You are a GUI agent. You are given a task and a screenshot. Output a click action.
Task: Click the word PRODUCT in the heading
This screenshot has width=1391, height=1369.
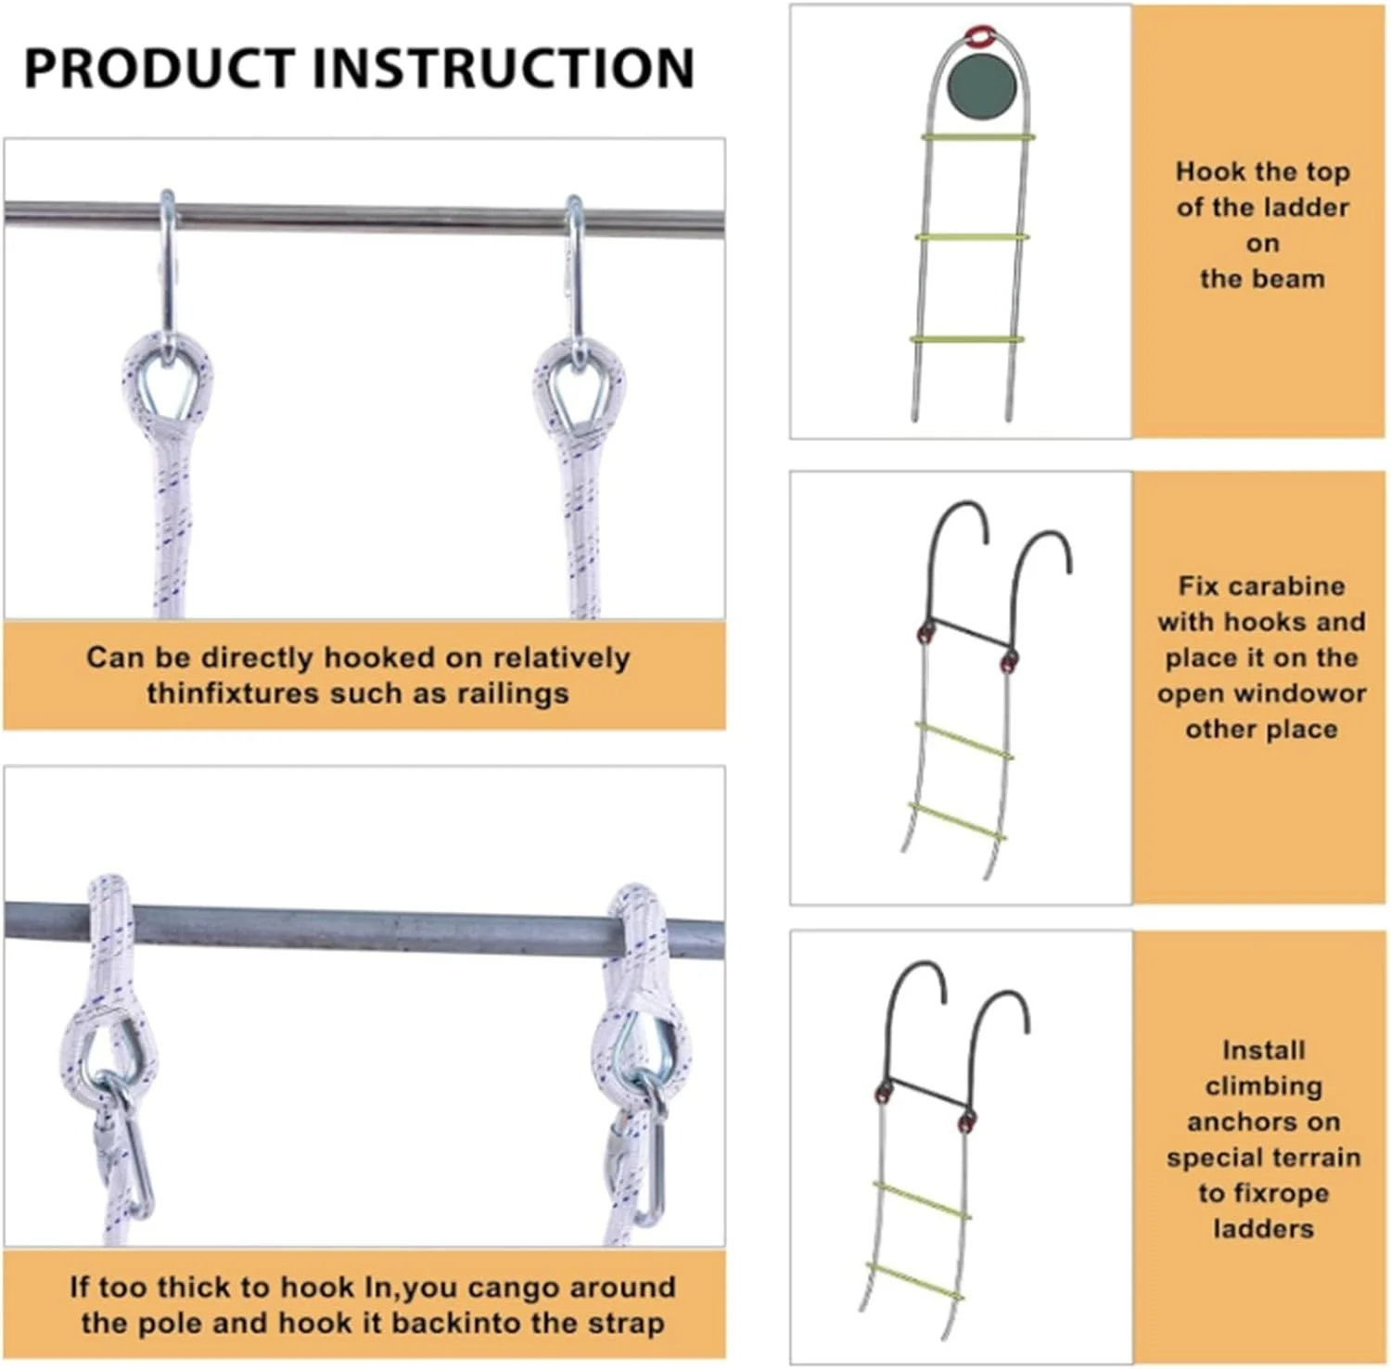tap(159, 67)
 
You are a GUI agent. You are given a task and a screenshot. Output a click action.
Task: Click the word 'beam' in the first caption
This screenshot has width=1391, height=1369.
tap(1290, 278)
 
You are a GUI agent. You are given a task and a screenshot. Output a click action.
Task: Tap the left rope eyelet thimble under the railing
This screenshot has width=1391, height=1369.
tap(168, 388)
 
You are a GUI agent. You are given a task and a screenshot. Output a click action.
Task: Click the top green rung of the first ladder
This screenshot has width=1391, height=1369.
tap(977, 137)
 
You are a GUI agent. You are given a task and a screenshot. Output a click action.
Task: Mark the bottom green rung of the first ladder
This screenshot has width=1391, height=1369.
tap(966, 338)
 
